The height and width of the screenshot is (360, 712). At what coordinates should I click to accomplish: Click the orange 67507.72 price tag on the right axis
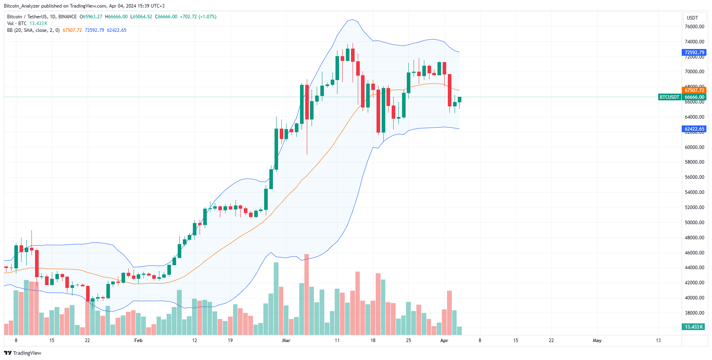[694, 90]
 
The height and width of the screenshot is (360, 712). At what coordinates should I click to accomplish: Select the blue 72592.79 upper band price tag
[694, 53]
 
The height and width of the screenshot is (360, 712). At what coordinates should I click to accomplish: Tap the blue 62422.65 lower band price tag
[694, 129]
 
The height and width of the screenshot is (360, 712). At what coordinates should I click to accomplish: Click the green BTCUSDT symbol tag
[669, 97]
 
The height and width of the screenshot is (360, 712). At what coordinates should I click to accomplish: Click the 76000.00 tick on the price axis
[694, 27]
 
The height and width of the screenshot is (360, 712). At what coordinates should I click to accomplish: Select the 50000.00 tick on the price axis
[694, 223]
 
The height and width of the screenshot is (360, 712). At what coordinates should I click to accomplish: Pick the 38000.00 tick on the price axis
[694, 313]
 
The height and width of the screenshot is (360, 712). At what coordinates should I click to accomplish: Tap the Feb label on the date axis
[138, 340]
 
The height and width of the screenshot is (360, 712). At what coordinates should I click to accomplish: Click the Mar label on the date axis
[286, 340]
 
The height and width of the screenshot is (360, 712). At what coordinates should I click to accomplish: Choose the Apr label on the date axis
[444, 340]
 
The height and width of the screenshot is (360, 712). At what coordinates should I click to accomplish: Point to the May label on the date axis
[597, 340]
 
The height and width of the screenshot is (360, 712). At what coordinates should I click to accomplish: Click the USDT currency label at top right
[692, 18]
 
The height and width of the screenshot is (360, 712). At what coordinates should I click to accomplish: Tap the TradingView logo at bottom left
[23, 353]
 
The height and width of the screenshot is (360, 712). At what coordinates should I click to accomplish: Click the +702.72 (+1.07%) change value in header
[198, 17]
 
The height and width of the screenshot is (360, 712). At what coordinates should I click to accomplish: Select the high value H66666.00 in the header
[116, 17]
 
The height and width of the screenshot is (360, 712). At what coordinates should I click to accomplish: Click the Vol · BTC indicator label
[17, 23]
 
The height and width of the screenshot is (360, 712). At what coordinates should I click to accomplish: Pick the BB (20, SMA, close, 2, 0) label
[33, 30]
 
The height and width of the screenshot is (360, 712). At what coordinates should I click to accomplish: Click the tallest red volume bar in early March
[306, 294]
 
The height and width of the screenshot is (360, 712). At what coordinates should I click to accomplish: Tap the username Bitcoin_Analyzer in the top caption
[22, 6]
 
